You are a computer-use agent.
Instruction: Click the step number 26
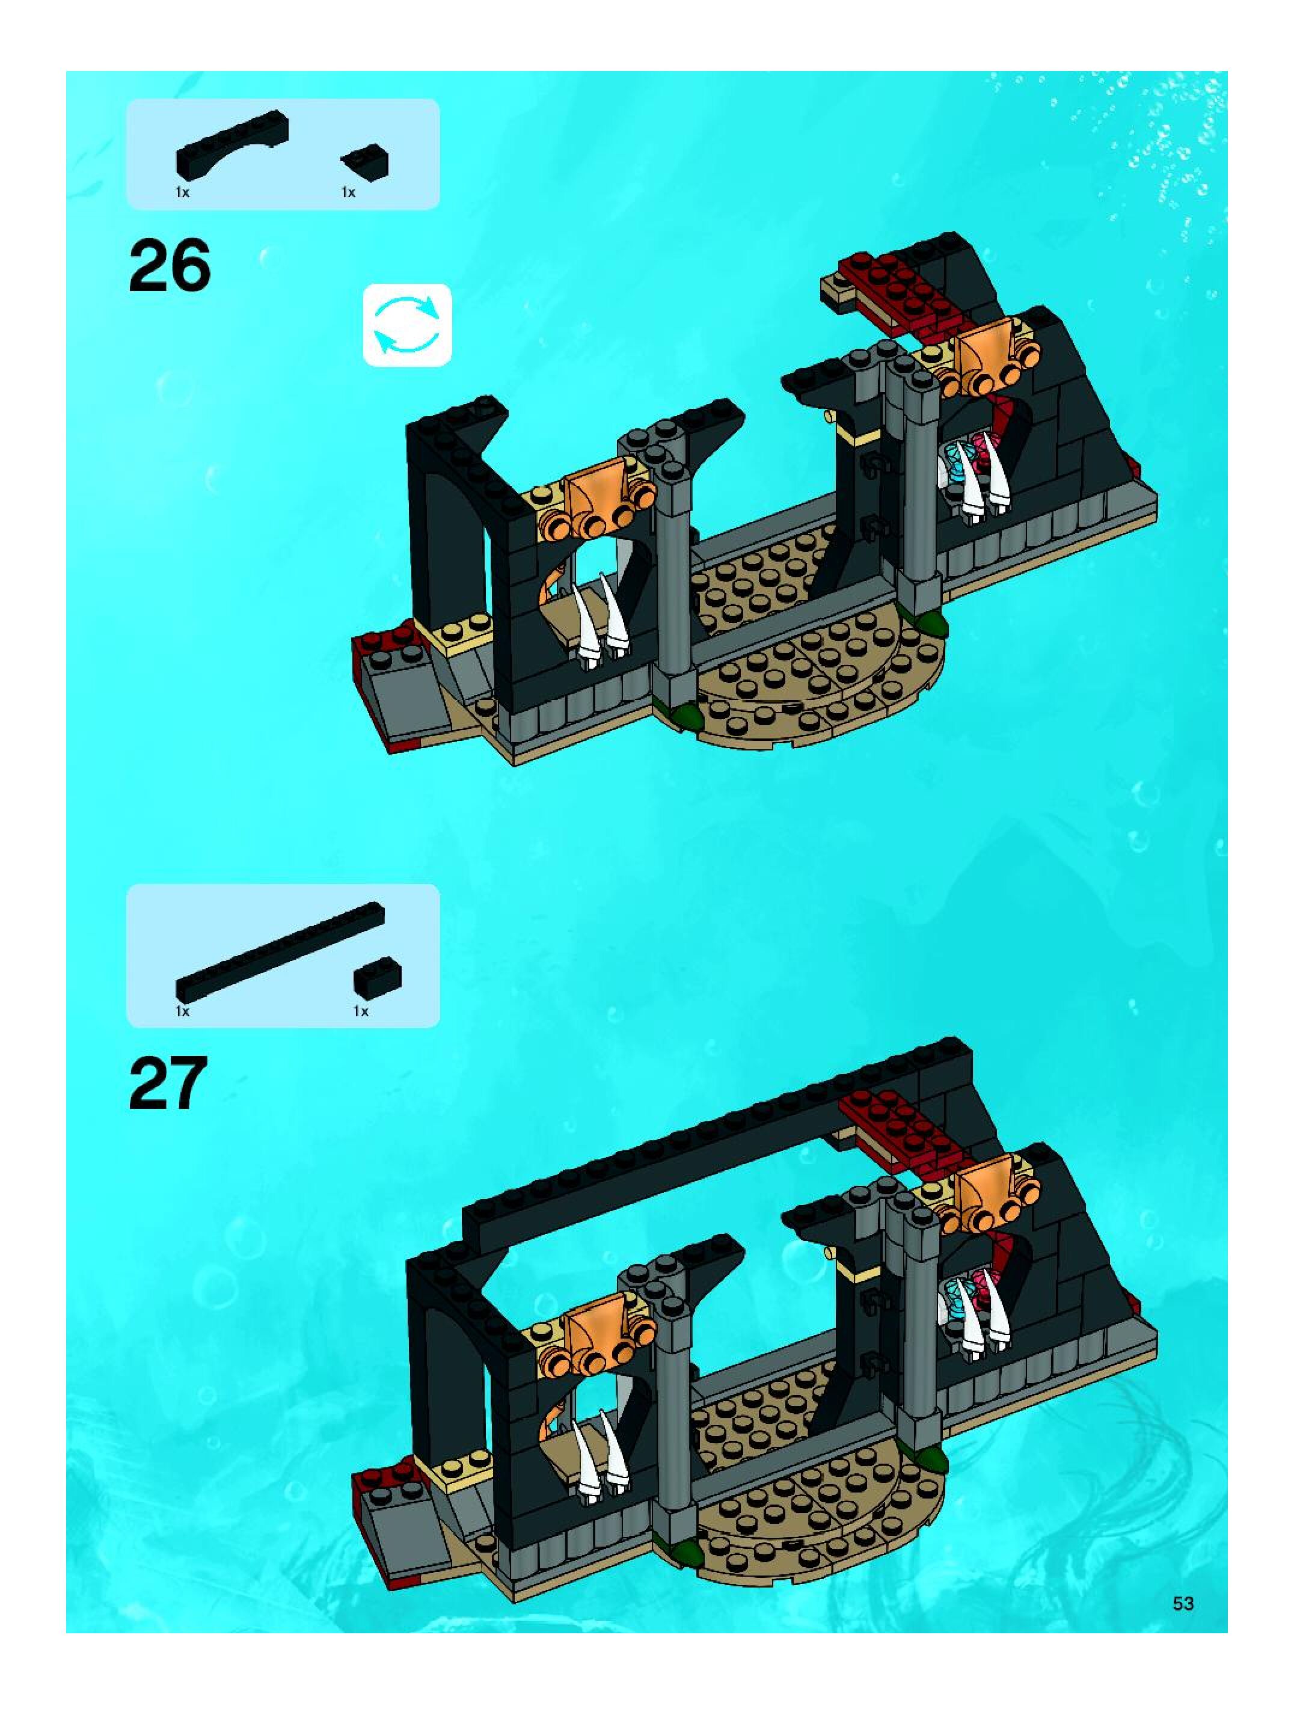click(x=170, y=265)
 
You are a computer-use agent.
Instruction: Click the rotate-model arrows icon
click(x=407, y=325)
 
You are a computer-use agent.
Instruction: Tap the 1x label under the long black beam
click(x=182, y=1011)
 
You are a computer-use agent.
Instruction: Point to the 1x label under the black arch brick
click(x=182, y=192)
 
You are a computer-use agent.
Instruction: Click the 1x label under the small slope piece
click(x=348, y=192)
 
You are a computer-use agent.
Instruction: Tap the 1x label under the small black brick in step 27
click(x=361, y=1011)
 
